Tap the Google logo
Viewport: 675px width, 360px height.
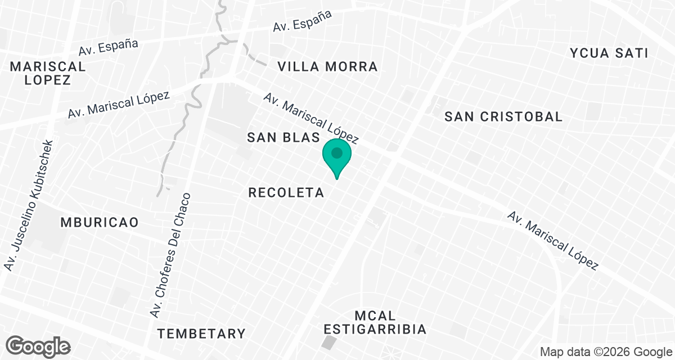coord(39,346)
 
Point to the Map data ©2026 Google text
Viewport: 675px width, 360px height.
coord(605,352)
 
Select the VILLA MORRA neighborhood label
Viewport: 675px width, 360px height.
coord(327,67)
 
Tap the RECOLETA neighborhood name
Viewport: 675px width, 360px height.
coord(286,193)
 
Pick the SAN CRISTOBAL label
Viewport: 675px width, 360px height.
coord(503,117)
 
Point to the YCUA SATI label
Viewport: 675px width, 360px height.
coord(609,53)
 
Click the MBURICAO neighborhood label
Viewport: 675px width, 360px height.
coord(100,222)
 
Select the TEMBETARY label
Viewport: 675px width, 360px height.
coord(201,334)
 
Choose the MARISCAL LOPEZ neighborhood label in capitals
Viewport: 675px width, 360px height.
coord(48,73)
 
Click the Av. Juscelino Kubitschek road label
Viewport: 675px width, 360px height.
coord(29,205)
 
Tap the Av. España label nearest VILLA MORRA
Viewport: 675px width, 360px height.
coord(302,20)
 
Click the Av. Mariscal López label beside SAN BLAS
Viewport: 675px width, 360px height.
coord(310,118)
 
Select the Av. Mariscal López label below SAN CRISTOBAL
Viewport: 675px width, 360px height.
coord(552,241)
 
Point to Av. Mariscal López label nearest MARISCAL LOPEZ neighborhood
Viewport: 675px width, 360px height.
coord(119,105)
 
